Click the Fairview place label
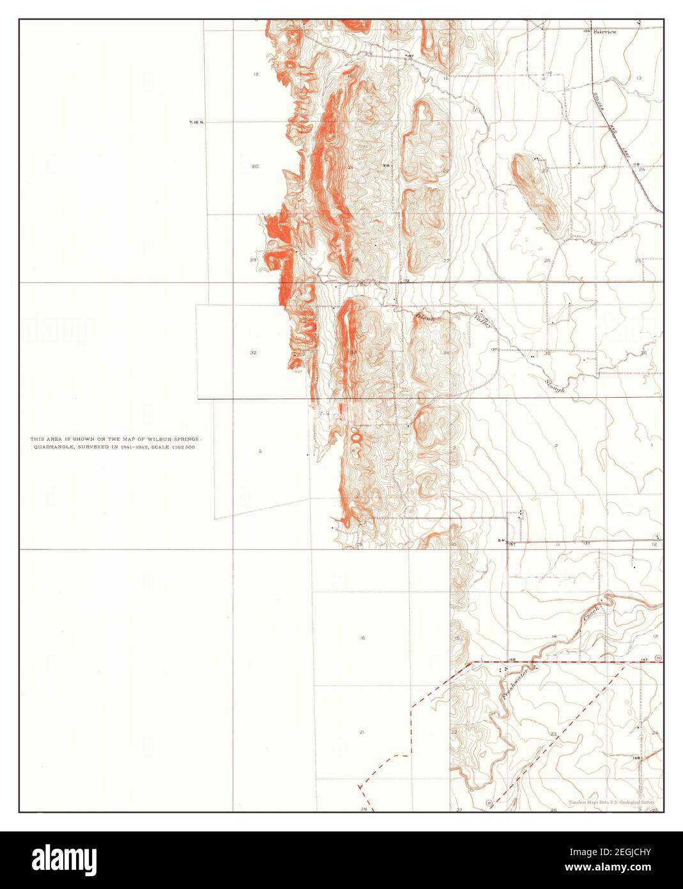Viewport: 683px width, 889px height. click(x=604, y=31)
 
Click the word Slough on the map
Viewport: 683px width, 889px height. click(x=555, y=384)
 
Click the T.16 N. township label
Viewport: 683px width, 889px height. click(x=196, y=122)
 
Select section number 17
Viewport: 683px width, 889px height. click(x=256, y=75)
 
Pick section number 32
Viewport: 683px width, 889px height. click(x=253, y=352)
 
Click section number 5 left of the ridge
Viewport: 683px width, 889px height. click(x=260, y=452)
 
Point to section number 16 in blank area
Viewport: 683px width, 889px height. click(x=362, y=638)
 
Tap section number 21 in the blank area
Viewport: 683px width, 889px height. click(x=362, y=732)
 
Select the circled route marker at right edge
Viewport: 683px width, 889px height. click(x=657, y=658)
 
